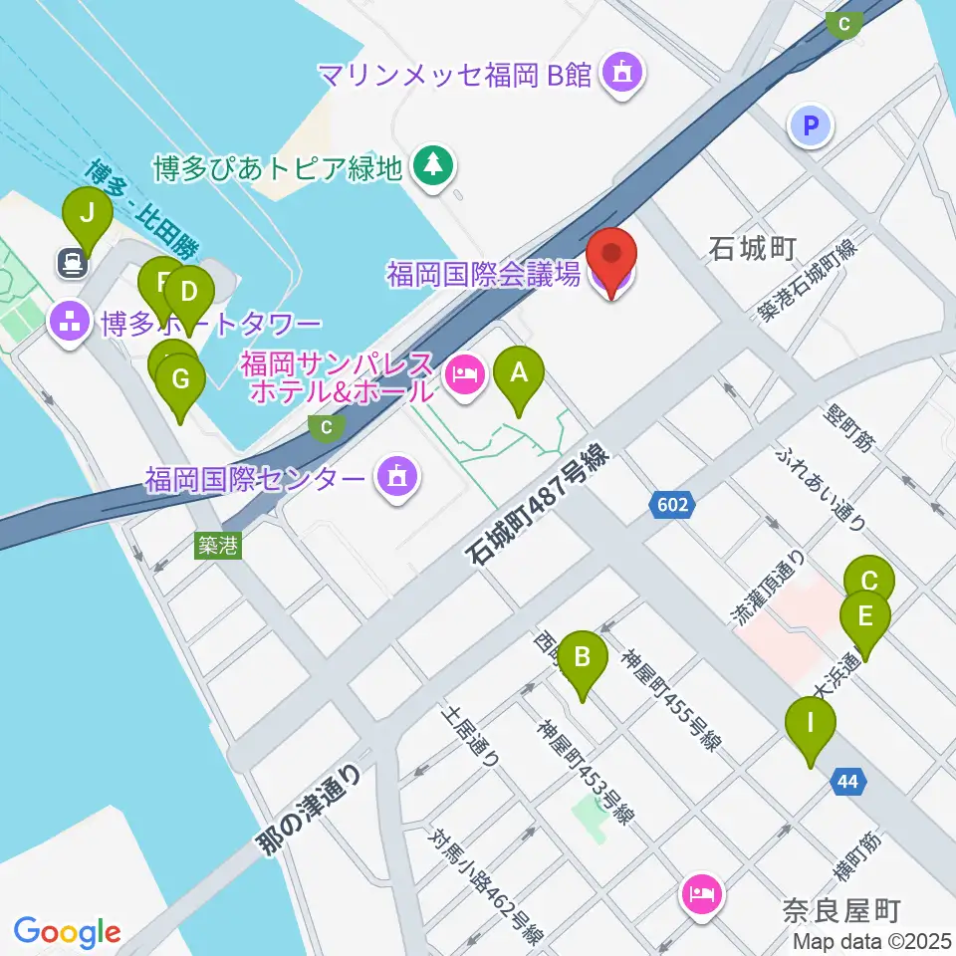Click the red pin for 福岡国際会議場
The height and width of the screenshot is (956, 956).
click(612, 261)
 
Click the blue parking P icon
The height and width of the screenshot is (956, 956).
click(811, 125)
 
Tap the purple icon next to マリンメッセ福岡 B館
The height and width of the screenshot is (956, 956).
click(624, 73)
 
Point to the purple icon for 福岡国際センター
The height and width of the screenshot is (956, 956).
click(396, 480)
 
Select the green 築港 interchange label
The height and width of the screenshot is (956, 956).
click(218, 545)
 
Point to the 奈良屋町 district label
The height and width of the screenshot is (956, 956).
click(841, 910)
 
